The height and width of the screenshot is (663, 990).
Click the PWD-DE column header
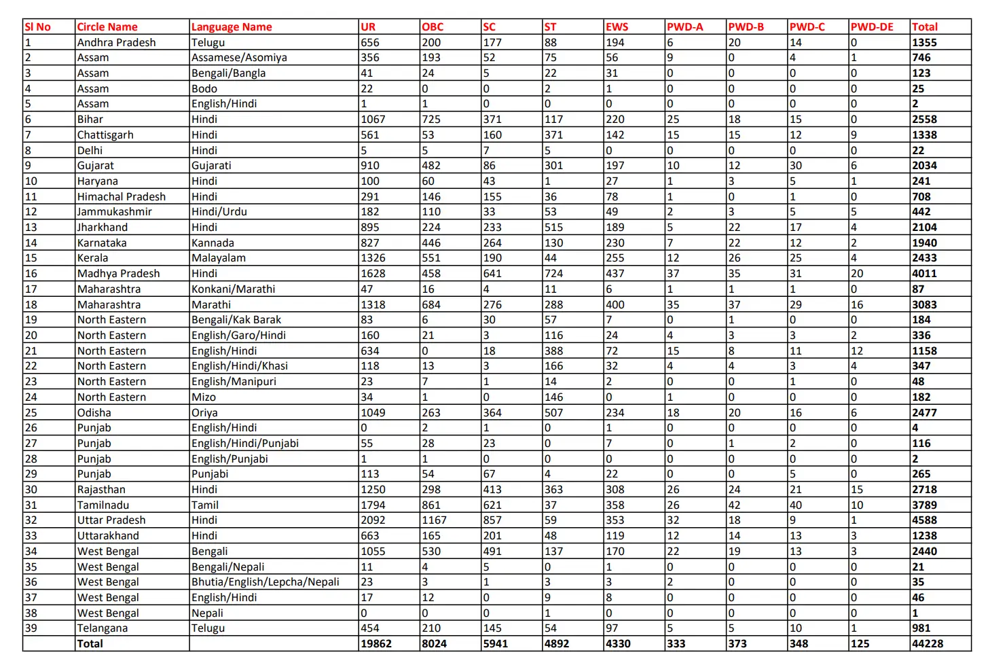pos(872,27)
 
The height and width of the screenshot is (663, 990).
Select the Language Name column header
pos(232,27)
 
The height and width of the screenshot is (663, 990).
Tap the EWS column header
pos(617,27)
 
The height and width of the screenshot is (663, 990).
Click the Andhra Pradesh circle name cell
pos(117,43)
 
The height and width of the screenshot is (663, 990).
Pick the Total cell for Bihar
pos(924,120)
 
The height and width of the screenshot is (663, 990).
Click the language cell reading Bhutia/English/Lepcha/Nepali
pos(265,582)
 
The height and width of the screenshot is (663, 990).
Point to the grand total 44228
pos(928,644)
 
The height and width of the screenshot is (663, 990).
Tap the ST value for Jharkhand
pos(554,228)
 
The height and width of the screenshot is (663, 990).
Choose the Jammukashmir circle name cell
pos(115,212)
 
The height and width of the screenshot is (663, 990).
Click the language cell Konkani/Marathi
pos(234,289)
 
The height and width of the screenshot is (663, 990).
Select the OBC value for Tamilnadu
pos(432,505)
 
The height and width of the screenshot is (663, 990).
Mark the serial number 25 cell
pos(31,413)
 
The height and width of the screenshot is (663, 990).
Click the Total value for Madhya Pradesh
pos(924,274)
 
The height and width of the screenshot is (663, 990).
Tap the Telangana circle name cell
pos(103,628)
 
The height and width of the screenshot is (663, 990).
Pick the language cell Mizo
pos(204,397)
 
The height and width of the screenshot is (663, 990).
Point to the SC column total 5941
pos(496,644)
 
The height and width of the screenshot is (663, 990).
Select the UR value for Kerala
pos(373,258)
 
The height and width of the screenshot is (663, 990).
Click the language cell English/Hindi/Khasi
pos(240,366)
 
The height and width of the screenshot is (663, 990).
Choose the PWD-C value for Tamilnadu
pos(796,505)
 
